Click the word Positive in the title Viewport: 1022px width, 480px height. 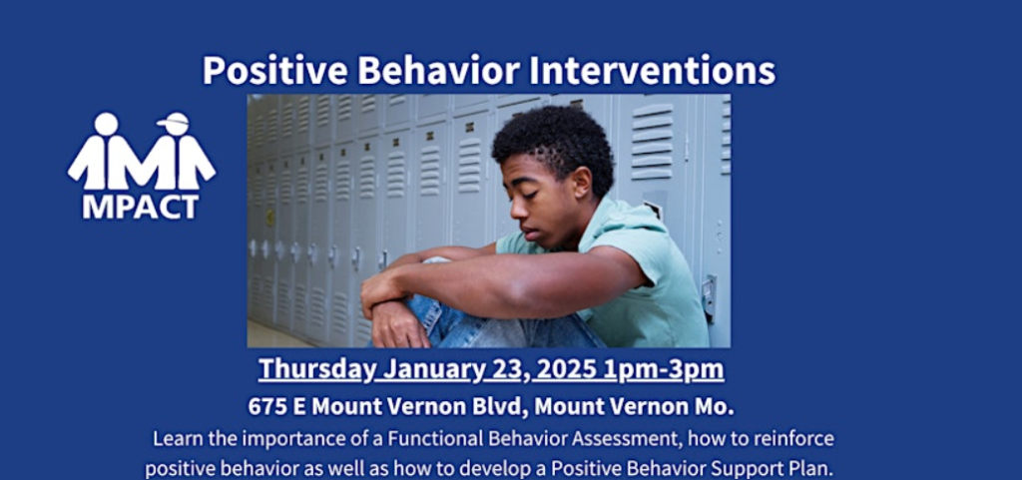coord(275,70)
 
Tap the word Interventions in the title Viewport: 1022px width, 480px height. coord(651,70)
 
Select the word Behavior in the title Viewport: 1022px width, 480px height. coord(438,70)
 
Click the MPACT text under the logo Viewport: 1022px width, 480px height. coord(140,207)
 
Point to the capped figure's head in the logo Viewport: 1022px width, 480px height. coord(176,123)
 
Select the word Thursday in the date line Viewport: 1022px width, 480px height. coord(316,370)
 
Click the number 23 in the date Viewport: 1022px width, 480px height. coord(508,370)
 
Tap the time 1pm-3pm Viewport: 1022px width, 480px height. coord(664,370)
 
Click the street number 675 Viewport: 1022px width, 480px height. coord(267,406)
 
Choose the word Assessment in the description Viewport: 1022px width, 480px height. coord(635,438)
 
